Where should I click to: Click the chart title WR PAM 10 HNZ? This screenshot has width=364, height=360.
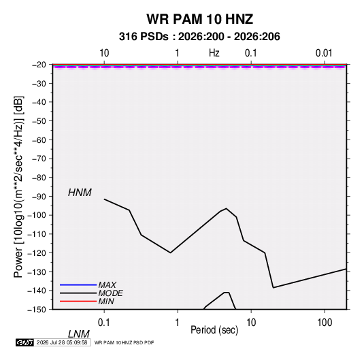tap(199, 19)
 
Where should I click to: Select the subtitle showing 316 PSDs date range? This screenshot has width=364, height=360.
tap(199, 37)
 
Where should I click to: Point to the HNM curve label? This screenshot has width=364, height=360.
tap(80, 193)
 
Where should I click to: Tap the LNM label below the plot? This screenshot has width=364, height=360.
tap(79, 334)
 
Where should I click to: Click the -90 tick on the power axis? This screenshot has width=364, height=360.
tap(39, 197)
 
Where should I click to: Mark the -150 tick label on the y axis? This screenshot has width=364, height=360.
tap(37, 310)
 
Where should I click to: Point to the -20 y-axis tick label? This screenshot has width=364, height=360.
tap(39, 65)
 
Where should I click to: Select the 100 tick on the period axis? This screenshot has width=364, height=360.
tap(325, 323)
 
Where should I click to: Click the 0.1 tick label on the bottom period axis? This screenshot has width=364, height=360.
tap(104, 323)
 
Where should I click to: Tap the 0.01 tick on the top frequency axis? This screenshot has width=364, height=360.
tap(324, 53)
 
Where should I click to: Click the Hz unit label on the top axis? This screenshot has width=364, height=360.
tap(214, 53)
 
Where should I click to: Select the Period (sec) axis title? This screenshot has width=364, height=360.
tap(214, 330)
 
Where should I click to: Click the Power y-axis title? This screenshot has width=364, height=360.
tap(18, 187)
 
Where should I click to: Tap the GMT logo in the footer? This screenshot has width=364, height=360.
tap(24, 342)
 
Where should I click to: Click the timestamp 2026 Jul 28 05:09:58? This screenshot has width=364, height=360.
tap(62, 342)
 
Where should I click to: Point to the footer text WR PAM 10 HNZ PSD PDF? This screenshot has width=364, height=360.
tap(125, 342)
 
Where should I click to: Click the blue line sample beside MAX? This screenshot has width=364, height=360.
tap(78, 284)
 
